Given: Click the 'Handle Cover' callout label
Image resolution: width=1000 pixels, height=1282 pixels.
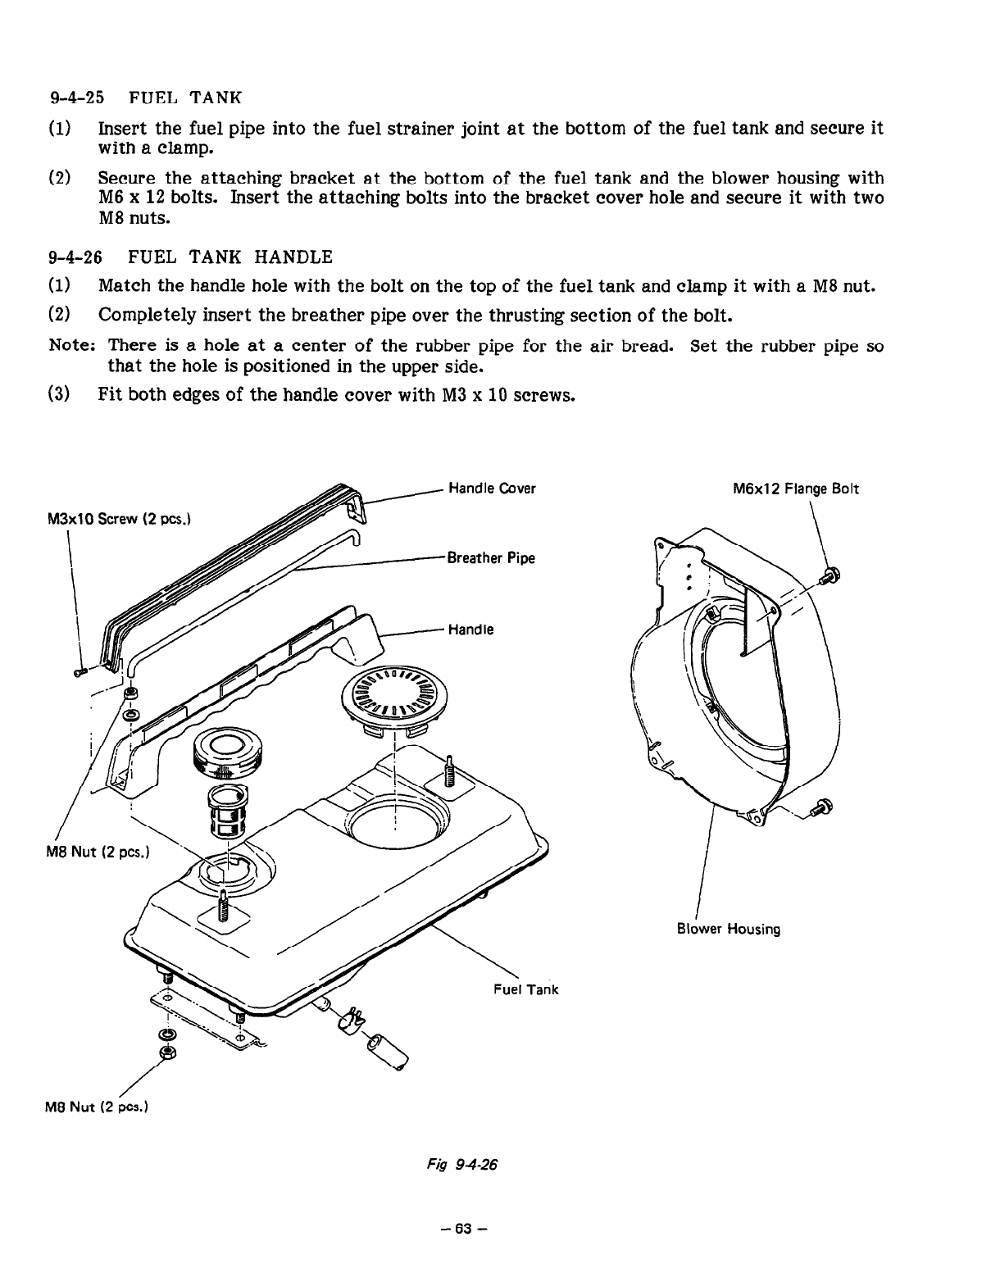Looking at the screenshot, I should coord(492,489).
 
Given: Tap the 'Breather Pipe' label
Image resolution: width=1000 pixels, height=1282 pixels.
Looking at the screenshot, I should coord(490,558).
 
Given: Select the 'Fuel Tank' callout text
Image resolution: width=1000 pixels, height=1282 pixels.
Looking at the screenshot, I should coord(525,989).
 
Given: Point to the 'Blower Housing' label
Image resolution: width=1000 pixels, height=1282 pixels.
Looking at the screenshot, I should coord(729,929).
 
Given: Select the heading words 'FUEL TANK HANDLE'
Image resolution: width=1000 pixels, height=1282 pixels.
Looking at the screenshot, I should coord(230,257).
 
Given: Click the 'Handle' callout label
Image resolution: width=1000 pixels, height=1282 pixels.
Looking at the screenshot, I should coord(470,630).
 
